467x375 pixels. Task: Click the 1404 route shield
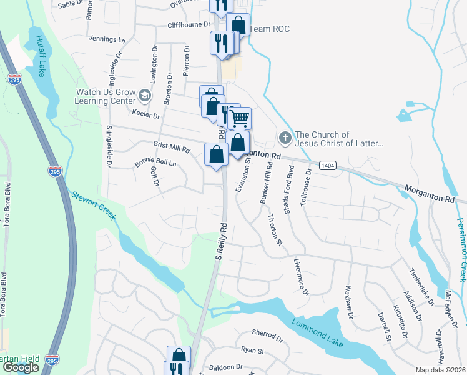(x=327, y=165)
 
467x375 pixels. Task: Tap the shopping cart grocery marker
(x=240, y=117)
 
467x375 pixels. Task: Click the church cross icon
(x=285, y=137)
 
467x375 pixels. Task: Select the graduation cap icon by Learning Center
(x=144, y=96)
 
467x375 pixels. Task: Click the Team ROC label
(x=270, y=29)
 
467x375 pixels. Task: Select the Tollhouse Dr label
(x=305, y=188)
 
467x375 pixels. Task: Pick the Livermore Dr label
(x=301, y=275)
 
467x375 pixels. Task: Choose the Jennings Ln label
(x=107, y=39)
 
